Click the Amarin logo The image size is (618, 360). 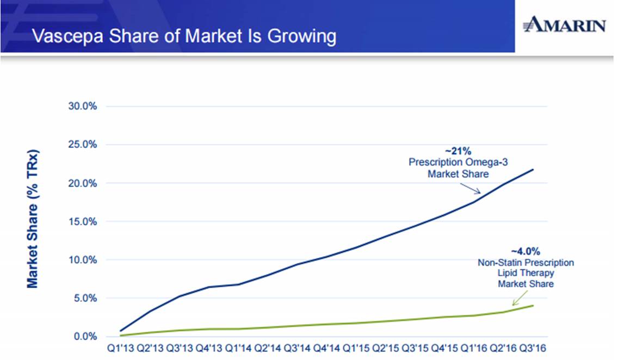coord(564,24)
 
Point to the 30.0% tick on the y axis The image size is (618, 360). coord(83,106)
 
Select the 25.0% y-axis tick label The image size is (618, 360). coord(83,145)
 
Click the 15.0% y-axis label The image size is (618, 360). coord(83,221)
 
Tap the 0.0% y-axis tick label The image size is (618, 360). coord(85,337)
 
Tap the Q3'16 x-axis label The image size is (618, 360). coord(534,346)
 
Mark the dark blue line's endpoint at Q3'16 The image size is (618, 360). coord(533,169)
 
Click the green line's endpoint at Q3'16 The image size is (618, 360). coord(533,306)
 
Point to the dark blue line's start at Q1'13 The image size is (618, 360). coord(120,331)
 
